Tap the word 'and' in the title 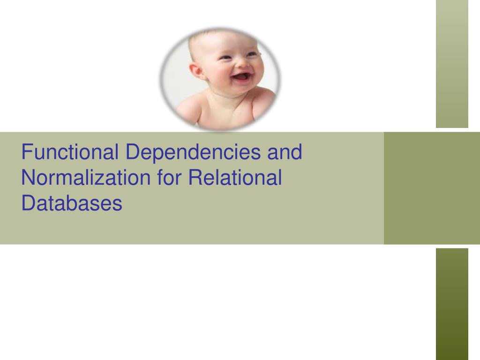coord(285,152)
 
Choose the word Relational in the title coord(235,178)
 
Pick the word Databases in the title coord(72,204)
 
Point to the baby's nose coord(240,63)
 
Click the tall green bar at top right coord(452,63)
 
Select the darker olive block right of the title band coord(432,188)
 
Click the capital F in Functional coord(27,152)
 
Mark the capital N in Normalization coord(28,178)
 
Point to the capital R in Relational coord(194,178)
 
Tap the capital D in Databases coord(28,204)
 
